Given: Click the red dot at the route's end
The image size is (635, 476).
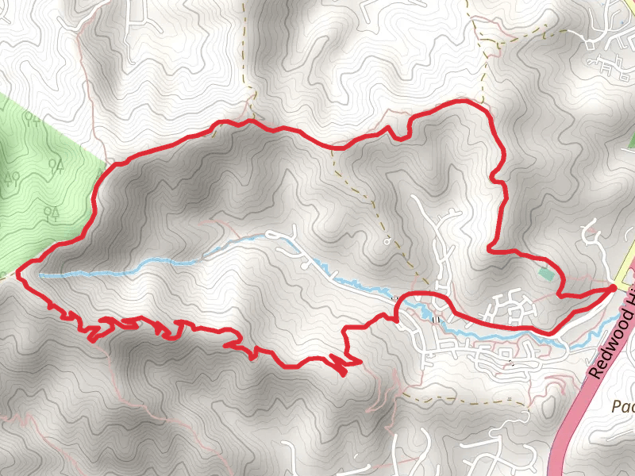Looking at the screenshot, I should point(614,286).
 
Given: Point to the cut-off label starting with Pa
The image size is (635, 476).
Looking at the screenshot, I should point(624,406).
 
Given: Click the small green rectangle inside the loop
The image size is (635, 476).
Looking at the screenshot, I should point(545,274).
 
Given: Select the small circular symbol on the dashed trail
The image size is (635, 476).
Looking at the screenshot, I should point(387,240).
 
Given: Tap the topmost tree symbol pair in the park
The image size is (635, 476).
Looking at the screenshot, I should point(33,119).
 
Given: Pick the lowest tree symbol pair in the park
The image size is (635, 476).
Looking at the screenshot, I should point(51,212).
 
